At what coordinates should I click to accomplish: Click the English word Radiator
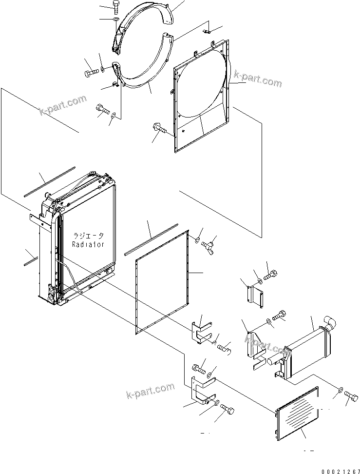click(88, 244)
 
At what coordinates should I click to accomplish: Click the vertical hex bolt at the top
click(116, 5)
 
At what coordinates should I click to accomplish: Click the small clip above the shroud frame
click(207, 32)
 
